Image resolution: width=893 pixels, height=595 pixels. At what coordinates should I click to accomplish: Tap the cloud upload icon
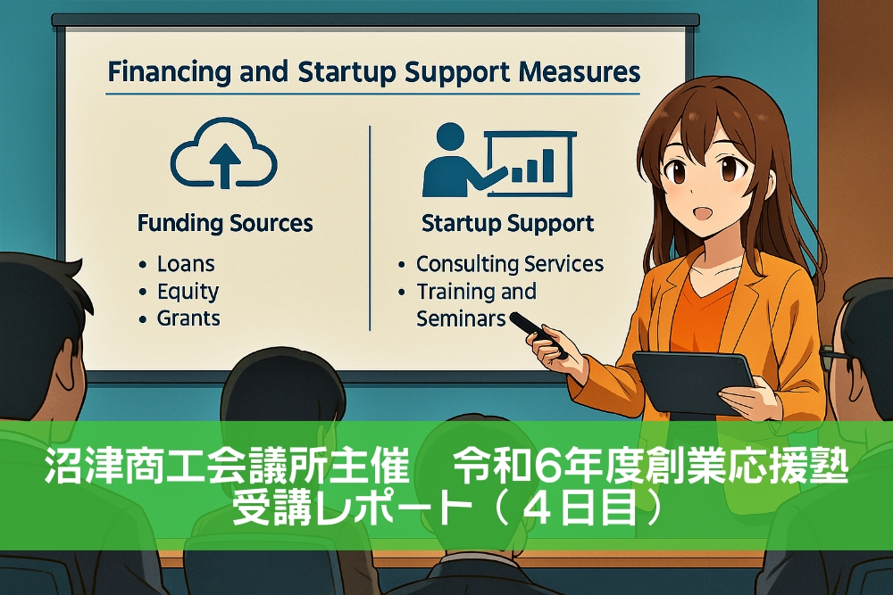pyautogui.click(x=224, y=158)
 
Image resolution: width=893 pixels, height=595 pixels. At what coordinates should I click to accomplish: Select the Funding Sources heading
pyautogui.click(x=225, y=223)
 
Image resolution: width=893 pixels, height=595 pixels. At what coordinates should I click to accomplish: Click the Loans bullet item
pyautogui.click(x=186, y=264)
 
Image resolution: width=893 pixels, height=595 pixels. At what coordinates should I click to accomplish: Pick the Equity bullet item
pyautogui.click(x=188, y=292)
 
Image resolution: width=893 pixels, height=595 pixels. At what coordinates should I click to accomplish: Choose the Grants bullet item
pyautogui.click(x=188, y=318)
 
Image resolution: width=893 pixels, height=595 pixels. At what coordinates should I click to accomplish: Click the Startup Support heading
pyautogui.click(x=508, y=223)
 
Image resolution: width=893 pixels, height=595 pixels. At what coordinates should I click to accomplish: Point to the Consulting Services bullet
pyautogui.click(x=510, y=264)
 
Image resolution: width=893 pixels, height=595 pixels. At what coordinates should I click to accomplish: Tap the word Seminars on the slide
pyautogui.click(x=461, y=318)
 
